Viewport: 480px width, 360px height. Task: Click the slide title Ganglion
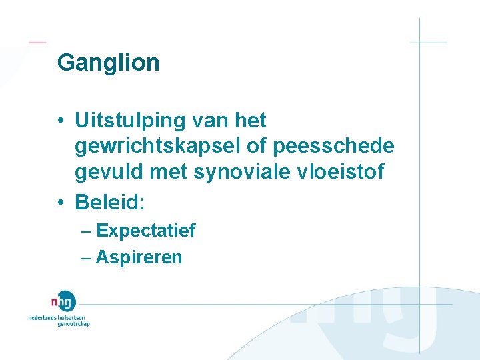tap(108, 63)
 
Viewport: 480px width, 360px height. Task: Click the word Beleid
tap(106, 201)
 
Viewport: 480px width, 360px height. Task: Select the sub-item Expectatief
tap(145, 231)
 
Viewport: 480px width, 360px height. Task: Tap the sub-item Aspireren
tap(139, 257)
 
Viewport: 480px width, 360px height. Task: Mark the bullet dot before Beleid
tap(61, 201)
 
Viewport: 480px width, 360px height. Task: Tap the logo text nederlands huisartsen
tap(58, 318)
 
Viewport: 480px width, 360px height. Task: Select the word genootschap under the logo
tap(73, 325)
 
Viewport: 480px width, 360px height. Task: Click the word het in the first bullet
tap(251, 121)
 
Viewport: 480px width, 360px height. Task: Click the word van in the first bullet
tap(206, 121)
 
